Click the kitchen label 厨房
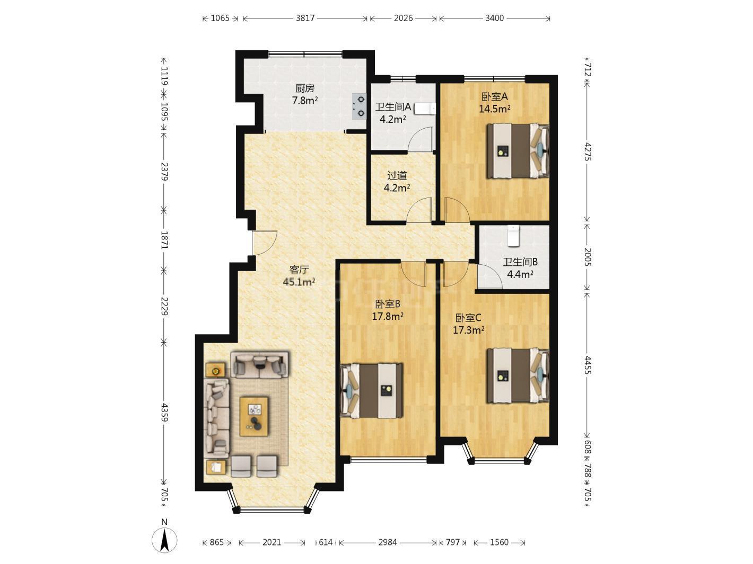click(304, 88)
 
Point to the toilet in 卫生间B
click(513, 236)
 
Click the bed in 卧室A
click(518, 151)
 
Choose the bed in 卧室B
click(372, 390)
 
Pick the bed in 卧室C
click(518, 375)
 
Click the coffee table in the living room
click(254, 416)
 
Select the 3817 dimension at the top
click(305, 18)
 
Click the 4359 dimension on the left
click(165, 413)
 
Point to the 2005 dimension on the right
click(588, 257)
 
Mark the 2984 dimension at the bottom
click(387, 542)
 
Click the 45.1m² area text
click(299, 282)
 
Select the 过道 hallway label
click(397, 176)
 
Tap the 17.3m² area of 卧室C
click(469, 330)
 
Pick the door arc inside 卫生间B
click(491, 276)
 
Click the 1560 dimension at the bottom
click(499, 542)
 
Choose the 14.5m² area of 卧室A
click(494, 109)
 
